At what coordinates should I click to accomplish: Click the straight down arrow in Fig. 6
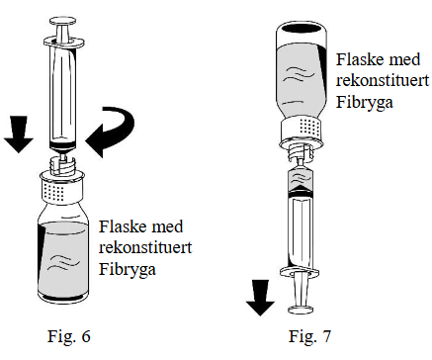pos(19,135)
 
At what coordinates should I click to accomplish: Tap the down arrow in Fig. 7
pos(261,298)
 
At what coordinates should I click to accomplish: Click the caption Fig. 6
pos(69,336)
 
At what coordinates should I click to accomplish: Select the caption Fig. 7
pos(309,336)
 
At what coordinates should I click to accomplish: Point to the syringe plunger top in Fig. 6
pos(62,22)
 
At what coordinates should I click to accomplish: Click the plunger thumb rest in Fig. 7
pos(300,310)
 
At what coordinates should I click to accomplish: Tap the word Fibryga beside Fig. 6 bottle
pos(128,270)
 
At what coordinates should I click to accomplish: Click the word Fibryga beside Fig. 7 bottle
pos(365,103)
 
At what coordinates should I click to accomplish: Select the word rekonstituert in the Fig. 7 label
pos(383,80)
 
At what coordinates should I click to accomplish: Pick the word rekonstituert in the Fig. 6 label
pos(145,247)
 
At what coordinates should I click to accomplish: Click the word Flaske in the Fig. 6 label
pos(119,226)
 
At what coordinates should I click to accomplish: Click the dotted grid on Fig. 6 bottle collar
pos(52,192)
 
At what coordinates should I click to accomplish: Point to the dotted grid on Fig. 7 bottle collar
pos(309,127)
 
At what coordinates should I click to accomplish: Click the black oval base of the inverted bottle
pos(302,29)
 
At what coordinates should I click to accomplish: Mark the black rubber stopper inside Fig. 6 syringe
pos(62,144)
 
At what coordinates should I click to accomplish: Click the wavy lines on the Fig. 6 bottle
pos(63,261)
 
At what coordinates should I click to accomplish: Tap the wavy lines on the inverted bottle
pos(299,75)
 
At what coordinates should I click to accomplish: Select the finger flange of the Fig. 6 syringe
pos(64,43)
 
